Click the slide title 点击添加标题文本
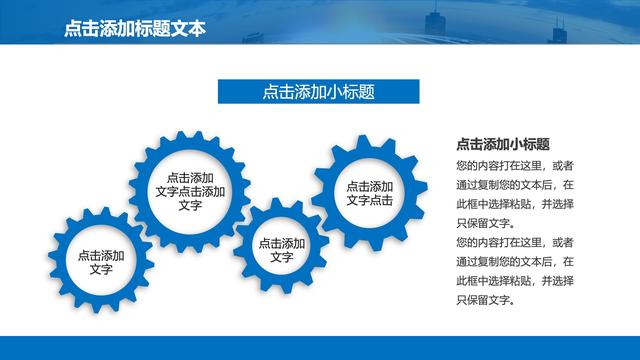point(134,29)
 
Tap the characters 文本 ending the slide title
point(190,29)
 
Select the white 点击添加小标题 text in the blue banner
point(319,92)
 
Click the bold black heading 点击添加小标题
point(503,144)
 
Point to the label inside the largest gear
point(191,191)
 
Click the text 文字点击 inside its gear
point(369,200)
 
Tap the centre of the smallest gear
point(281,250)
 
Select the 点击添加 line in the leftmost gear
point(101,256)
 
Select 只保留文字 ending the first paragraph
point(483,223)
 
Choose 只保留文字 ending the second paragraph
point(483,299)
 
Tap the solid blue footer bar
point(320,347)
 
